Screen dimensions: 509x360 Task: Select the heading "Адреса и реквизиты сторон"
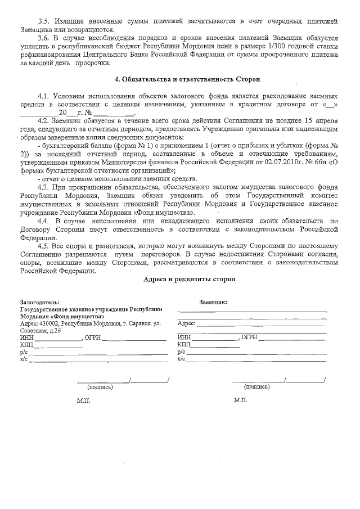188,279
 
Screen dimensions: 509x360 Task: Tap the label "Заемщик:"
213,302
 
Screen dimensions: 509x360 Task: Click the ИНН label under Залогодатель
26,338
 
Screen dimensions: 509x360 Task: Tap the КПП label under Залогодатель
26,345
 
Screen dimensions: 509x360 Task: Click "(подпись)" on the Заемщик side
256,387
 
